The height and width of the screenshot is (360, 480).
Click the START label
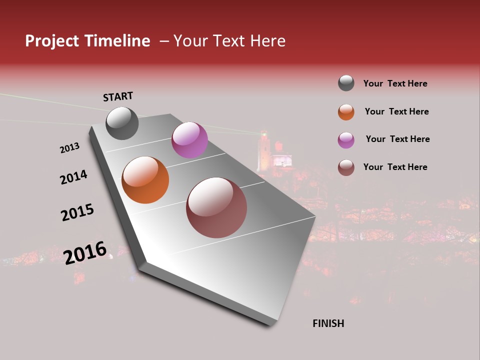pos(118,96)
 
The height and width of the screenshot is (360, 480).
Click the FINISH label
pos(328,323)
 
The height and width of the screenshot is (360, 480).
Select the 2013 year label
pos(69,148)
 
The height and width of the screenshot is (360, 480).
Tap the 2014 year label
pos(73,177)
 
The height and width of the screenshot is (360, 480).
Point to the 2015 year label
pos(77,212)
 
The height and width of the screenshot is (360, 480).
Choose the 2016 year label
pos(85,253)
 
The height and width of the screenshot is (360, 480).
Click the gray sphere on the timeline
pos(122,123)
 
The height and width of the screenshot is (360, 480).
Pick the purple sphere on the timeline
pos(189,140)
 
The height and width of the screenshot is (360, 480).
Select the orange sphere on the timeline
pos(145,180)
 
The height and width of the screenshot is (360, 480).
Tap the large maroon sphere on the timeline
pos(216,207)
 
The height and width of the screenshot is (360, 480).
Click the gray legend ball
pos(346,83)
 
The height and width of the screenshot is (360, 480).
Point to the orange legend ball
pos(346,112)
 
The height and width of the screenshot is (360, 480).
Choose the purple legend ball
pos(346,140)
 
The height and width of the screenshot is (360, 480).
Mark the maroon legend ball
pos(346,167)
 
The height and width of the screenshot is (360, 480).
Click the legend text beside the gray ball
pos(395,83)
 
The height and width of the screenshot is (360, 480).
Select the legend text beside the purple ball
pos(397,139)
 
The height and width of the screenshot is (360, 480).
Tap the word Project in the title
pos(52,41)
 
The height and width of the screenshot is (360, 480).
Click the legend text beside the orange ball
pos(396,111)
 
